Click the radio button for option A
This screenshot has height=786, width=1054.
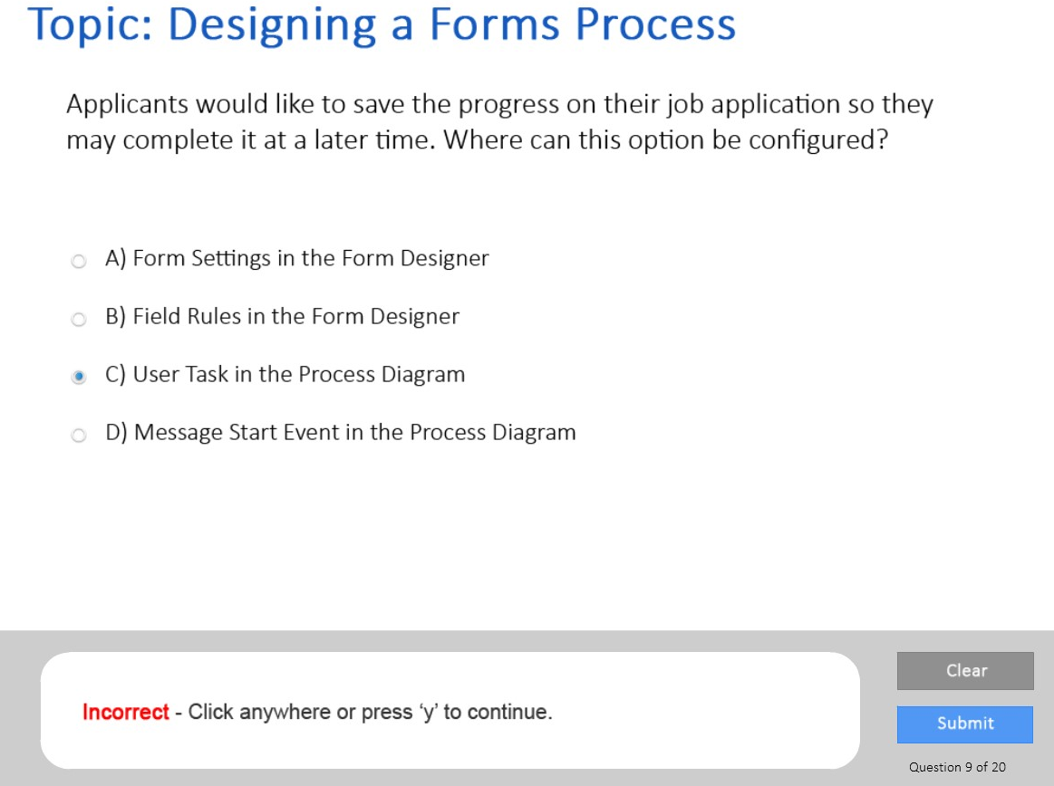pyautogui.click(x=79, y=261)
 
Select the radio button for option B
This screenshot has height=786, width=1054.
pyautogui.click(x=79, y=319)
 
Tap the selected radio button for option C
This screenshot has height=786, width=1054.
pyautogui.click(x=79, y=376)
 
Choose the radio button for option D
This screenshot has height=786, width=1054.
pyautogui.click(x=79, y=435)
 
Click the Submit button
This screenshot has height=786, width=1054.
pyautogui.click(x=964, y=724)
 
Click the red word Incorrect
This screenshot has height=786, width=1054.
pyautogui.click(x=126, y=712)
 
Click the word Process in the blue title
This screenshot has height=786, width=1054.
pyautogui.click(x=655, y=24)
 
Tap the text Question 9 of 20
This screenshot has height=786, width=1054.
pyautogui.click(x=957, y=766)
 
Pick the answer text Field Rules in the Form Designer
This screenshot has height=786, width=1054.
pyautogui.click(x=295, y=316)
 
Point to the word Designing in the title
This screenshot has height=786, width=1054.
pyautogui.click(x=272, y=25)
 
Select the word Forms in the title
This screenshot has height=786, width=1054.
pyautogui.click(x=494, y=24)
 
